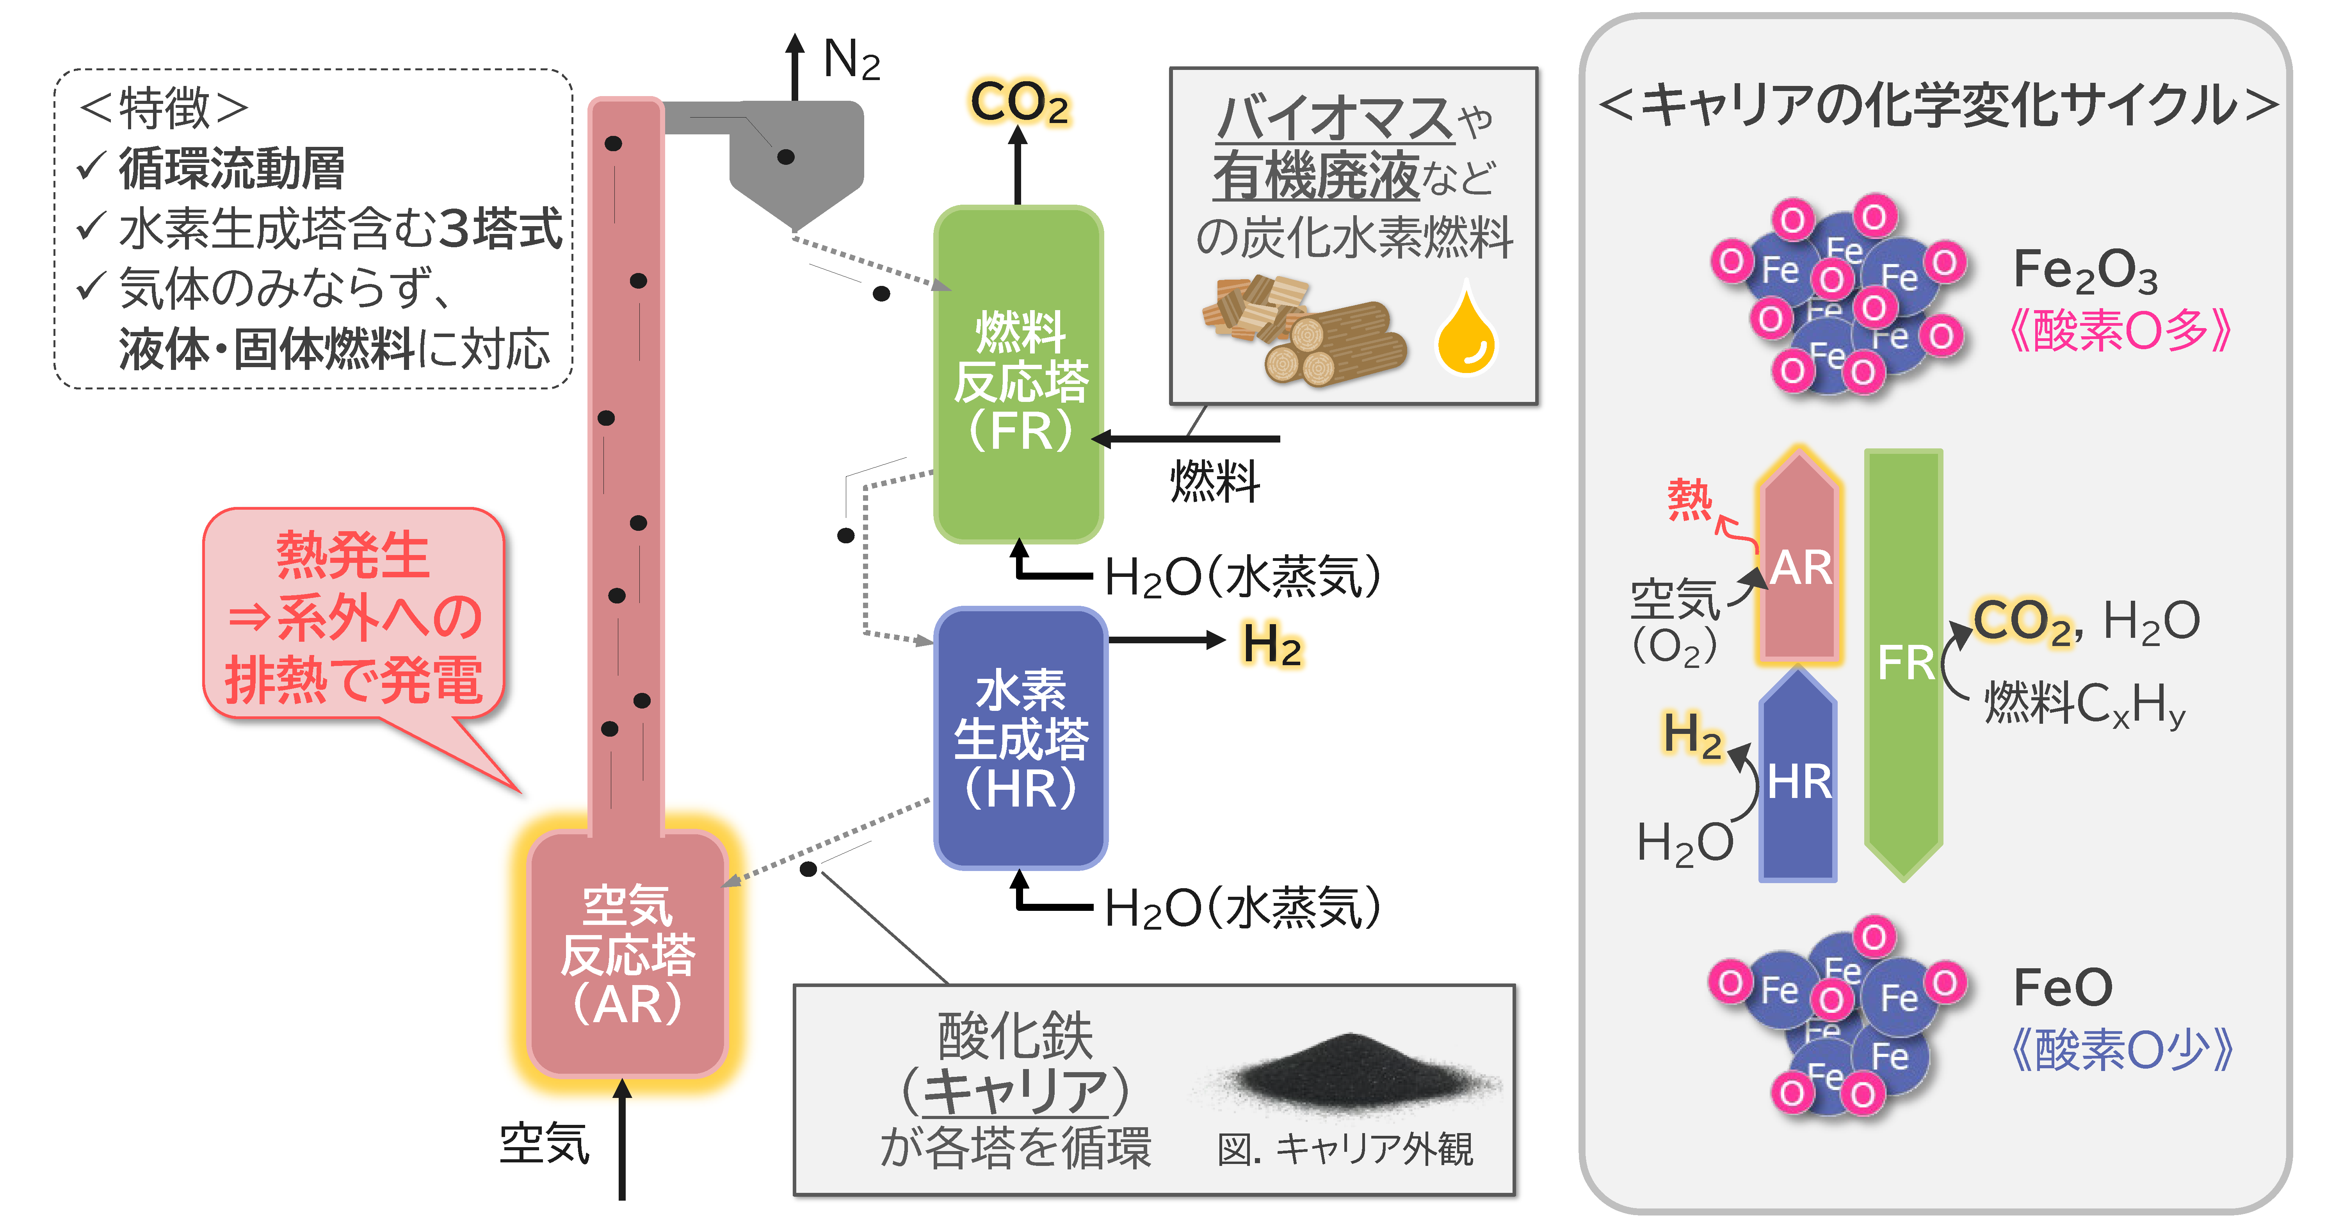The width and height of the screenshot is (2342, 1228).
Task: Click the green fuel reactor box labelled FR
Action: (x=1018, y=373)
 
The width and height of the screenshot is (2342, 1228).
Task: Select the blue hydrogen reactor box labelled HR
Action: (x=1020, y=737)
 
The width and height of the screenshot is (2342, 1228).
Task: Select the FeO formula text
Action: (x=2062, y=987)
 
